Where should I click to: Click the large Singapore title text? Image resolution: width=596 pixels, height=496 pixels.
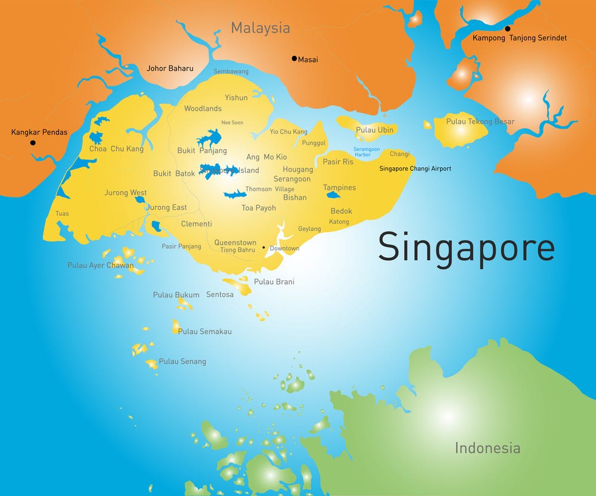point(466,248)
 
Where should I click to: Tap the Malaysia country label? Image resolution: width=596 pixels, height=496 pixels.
point(260,28)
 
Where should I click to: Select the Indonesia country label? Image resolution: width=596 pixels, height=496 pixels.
point(487,448)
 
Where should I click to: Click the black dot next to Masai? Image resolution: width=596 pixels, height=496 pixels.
point(294,58)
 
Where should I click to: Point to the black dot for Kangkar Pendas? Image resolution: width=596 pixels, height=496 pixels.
point(33,143)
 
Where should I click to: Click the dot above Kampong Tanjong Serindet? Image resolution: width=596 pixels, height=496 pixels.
point(508,29)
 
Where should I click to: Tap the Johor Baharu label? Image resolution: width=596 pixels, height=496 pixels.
point(170,68)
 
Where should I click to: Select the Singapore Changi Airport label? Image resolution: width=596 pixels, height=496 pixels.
point(415,169)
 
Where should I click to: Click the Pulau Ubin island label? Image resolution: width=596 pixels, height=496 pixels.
point(374,130)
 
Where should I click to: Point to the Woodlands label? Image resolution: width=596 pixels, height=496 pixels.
point(203,108)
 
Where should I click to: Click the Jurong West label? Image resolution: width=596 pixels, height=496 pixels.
point(125,193)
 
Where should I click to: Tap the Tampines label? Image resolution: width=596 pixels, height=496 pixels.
point(339,188)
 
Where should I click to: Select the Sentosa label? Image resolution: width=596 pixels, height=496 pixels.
point(220,294)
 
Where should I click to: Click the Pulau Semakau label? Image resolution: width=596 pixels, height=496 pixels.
point(204,331)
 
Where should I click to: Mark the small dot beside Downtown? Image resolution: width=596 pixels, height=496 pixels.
point(263,247)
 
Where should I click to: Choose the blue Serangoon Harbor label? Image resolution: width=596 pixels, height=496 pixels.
point(362,152)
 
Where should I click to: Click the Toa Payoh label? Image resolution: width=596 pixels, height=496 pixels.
point(259,208)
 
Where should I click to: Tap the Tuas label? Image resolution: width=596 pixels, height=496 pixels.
point(62,213)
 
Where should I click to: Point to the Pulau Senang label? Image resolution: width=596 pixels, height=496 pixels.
point(182,361)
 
